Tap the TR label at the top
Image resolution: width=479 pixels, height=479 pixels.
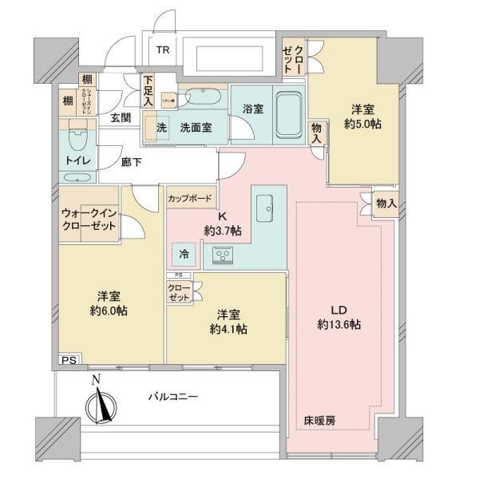tap(162, 49)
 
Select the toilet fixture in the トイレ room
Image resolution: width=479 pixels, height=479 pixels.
tap(78, 139)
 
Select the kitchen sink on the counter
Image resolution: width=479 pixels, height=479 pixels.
tap(266, 209)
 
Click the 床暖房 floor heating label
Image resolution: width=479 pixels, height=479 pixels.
tap(319, 418)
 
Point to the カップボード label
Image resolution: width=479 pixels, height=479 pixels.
tap(189, 196)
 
